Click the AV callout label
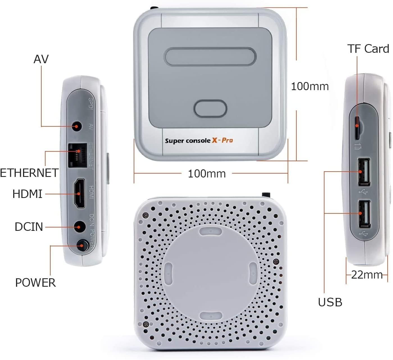click(x=41, y=59)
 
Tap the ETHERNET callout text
click(x=29, y=173)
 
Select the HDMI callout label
click(x=27, y=194)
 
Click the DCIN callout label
click(x=29, y=227)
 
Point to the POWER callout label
click(x=35, y=282)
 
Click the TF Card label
click(x=368, y=49)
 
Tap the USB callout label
click(x=330, y=302)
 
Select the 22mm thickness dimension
click(x=367, y=274)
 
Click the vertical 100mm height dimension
click(x=310, y=86)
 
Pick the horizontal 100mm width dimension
click(x=206, y=174)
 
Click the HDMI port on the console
click(x=79, y=193)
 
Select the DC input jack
click(x=79, y=226)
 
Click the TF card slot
click(x=357, y=128)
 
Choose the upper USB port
click(x=364, y=172)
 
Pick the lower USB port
click(x=364, y=214)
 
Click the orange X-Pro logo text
click(x=222, y=140)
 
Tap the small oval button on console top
click(x=210, y=108)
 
